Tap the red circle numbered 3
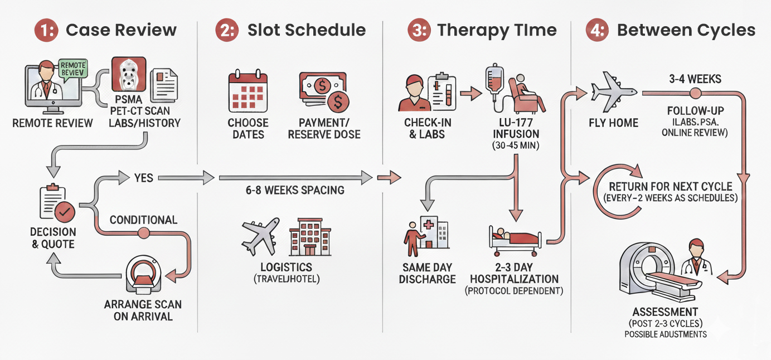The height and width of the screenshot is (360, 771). (x=419, y=30)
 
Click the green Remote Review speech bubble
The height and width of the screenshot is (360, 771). (x=72, y=69)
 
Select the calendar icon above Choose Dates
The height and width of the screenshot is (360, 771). (x=248, y=91)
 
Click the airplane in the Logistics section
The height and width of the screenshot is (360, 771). (x=260, y=236)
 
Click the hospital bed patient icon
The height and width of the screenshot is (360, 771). (x=515, y=239)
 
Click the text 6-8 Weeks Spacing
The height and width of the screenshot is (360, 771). (x=295, y=190)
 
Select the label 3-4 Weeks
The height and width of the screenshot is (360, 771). (x=695, y=79)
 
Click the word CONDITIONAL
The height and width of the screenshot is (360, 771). (x=143, y=220)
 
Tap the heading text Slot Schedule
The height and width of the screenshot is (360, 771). (x=307, y=30)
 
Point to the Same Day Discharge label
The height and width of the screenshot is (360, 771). (x=427, y=273)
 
